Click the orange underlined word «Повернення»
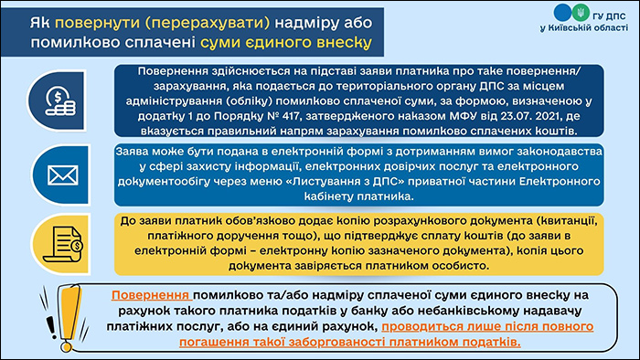tap(152, 297)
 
